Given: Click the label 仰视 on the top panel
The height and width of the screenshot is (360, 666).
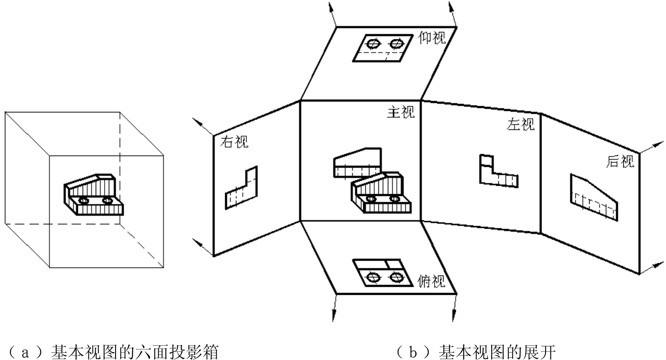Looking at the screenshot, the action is click(432, 38).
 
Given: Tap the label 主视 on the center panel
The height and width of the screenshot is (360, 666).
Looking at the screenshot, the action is click(401, 112).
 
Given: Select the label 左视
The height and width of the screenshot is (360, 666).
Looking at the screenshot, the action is click(520, 124).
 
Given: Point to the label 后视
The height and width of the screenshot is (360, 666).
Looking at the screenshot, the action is click(620, 161).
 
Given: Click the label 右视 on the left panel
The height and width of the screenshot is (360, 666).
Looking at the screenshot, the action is click(234, 142).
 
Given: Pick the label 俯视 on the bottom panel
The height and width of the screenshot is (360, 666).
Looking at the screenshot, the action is click(431, 281).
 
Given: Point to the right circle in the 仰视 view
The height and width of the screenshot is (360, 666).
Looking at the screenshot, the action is click(396, 44).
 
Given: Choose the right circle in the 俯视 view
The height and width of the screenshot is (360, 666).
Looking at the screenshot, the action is click(395, 277).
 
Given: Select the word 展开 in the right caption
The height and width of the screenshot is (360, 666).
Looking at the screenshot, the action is click(541, 352).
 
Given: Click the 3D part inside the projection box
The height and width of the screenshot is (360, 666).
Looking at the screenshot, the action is click(93, 195).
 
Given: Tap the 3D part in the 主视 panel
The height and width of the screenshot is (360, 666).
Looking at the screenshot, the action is click(381, 193).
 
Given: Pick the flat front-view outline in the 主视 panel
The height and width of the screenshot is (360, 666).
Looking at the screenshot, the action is click(335, 168).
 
